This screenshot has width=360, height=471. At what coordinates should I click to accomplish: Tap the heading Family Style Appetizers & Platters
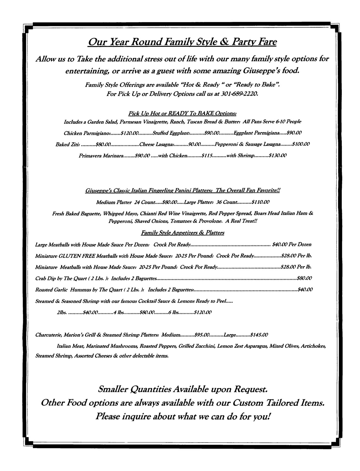tap(182, 233)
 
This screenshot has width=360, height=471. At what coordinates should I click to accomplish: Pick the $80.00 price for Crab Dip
tap(304, 278)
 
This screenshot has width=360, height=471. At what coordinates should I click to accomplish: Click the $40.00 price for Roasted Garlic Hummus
tap(305, 289)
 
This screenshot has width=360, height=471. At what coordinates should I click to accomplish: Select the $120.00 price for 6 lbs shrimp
tap(203, 312)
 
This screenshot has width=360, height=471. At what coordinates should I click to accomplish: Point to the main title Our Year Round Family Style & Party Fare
tap(182, 42)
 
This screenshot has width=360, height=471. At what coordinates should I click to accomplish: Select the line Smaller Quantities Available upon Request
tap(182, 389)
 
